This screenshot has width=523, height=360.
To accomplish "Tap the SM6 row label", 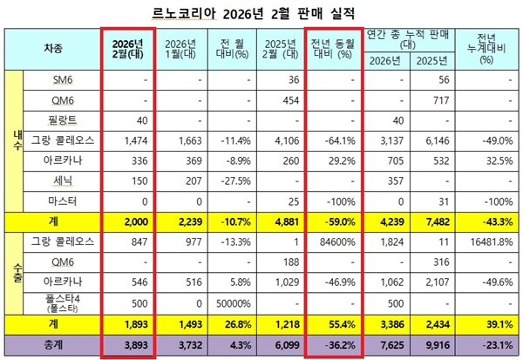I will (x=60, y=79).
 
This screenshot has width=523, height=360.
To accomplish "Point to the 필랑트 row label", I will (x=60, y=119).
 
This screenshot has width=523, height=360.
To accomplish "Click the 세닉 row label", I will (x=60, y=180).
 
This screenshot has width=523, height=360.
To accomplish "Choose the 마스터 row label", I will (x=60, y=200).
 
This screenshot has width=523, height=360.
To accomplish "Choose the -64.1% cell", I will (x=338, y=139).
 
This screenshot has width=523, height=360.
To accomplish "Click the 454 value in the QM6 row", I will (x=288, y=99).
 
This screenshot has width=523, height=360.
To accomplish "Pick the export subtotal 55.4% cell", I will (x=338, y=325).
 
